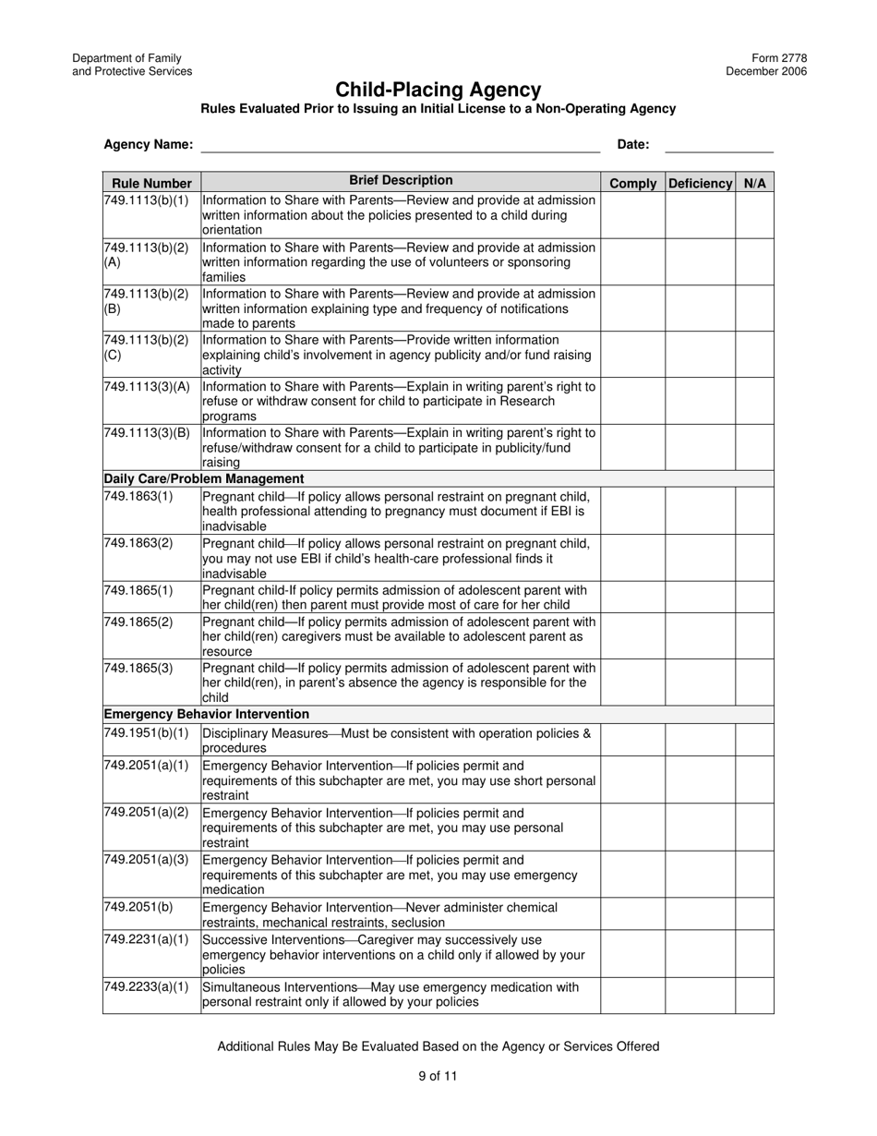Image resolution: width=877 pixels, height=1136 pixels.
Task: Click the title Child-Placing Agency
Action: tap(438, 90)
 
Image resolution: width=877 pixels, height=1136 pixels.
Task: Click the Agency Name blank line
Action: tap(400, 145)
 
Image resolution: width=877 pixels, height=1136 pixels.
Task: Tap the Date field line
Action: tap(718, 145)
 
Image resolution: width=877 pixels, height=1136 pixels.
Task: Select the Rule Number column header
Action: tap(151, 183)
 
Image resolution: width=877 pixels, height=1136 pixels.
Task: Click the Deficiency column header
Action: tap(700, 183)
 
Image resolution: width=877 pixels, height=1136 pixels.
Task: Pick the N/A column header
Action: tap(754, 183)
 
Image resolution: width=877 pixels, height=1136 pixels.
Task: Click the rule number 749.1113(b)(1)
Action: tap(146, 200)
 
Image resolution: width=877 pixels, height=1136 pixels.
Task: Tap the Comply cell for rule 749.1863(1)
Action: tap(632, 511)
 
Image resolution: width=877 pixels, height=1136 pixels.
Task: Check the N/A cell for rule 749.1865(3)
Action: tap(754, 683)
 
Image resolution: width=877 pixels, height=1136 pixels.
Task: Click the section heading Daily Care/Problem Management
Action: tap(204, 478)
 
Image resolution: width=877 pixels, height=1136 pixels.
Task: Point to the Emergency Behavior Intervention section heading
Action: tap(206, 714)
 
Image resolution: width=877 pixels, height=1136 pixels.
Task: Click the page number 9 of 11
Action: tap(438, 1075)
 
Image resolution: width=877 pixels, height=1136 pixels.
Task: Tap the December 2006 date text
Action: tap(765, 71)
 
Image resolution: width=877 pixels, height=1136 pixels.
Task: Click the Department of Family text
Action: tap(126, 58)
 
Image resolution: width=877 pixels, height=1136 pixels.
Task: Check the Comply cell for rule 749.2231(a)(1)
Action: tap(632, 954)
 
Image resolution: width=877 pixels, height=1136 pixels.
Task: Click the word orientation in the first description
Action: tap(232, 230)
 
